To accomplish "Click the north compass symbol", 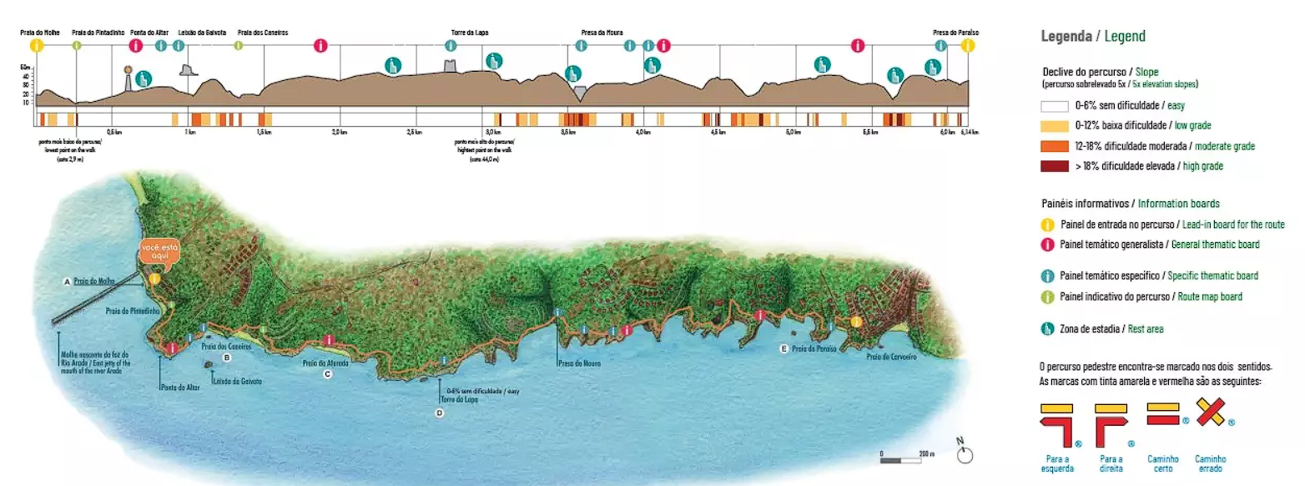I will point(965,454).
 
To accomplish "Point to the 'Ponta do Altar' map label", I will point(179,387).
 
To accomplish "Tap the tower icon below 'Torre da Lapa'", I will point(451,66).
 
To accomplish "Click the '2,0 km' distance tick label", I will point(339,133).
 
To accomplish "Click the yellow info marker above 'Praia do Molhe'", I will point(36,46).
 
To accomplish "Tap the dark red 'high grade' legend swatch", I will point(1055,166).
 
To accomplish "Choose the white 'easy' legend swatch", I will point(1055,106).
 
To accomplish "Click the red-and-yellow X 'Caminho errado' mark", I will point(1210,413).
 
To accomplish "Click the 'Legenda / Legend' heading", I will point(1093,36).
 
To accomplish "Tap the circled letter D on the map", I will point(440,413).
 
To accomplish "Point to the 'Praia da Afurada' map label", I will point(325,363).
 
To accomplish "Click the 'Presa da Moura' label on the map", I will point(578,363).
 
